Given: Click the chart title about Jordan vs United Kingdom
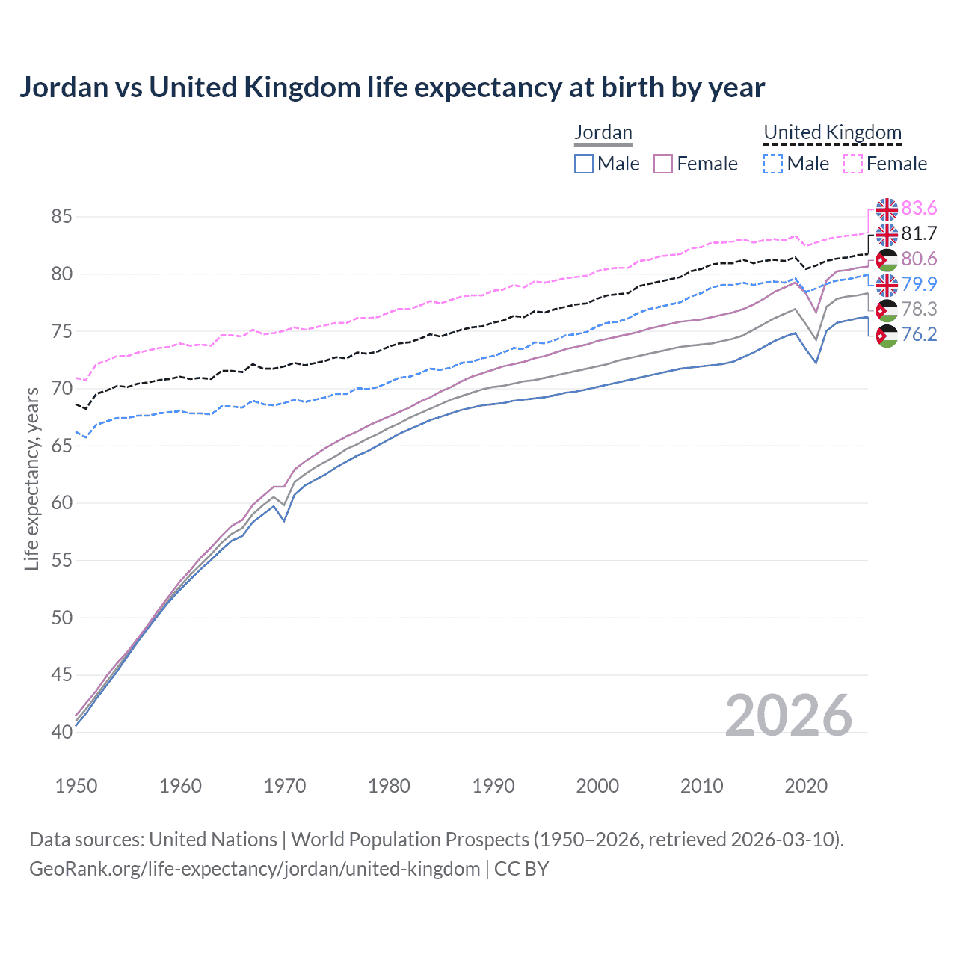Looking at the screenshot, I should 392,87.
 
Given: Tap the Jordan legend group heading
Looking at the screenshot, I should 603,133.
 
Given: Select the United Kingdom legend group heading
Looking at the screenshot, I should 832,133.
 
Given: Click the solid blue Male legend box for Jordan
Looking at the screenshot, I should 584,164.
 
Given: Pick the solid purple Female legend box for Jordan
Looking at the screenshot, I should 664,164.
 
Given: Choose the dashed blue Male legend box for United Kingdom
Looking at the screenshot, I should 773,164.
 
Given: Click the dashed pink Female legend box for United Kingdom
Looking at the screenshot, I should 853,164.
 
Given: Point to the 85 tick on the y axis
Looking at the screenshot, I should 61,217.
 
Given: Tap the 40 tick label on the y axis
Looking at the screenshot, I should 61,732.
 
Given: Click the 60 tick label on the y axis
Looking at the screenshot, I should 61,503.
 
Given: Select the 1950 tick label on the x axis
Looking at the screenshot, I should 76,786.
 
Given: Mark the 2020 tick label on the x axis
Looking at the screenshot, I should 806,786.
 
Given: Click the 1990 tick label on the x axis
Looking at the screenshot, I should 493,786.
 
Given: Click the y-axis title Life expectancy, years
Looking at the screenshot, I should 32,479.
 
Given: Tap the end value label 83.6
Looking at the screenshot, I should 919,209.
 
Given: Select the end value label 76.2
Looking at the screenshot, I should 919,335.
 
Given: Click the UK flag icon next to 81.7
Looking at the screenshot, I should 887,235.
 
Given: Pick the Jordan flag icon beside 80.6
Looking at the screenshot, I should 887,260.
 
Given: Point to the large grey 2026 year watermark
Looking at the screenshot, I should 788,716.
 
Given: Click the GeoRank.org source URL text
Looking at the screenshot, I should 254,869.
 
